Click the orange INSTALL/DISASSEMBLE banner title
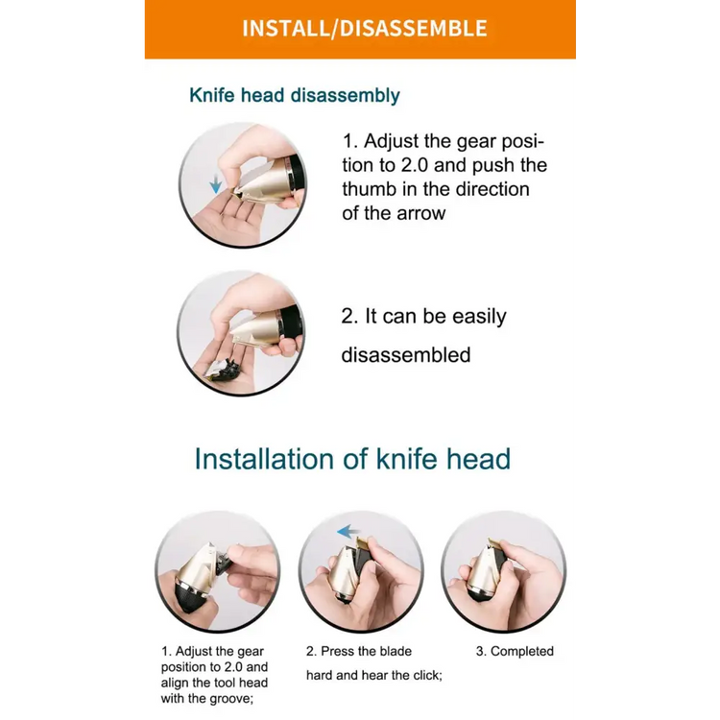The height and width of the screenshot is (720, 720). click(364, 28)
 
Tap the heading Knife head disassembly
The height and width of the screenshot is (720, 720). click(295, 95)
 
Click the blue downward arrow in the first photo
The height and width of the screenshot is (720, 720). click(215, 184)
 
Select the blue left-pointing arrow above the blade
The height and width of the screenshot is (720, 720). click(348, 532)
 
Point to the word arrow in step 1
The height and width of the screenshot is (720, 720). click(421, 213)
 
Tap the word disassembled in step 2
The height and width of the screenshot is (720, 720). click(406, 355)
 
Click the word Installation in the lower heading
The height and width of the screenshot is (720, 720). click(264, 459)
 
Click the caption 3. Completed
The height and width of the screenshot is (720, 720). click(515, 651)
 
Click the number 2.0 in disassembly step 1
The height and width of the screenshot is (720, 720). click(414, 165)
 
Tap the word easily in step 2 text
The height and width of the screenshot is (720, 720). click(479, 317)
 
